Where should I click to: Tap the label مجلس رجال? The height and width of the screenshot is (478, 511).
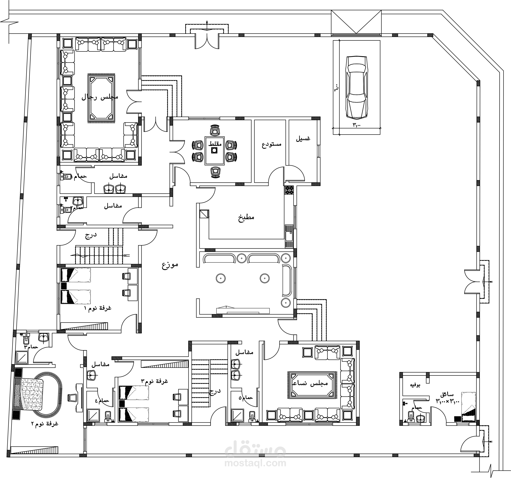pyautogui.click(x=100, y=97)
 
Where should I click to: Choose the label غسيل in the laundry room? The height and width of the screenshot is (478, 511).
pyautogui.click(x=303, y=138)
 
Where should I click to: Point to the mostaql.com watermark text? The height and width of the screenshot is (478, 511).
pyautogui.click(x=255, y=463)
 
